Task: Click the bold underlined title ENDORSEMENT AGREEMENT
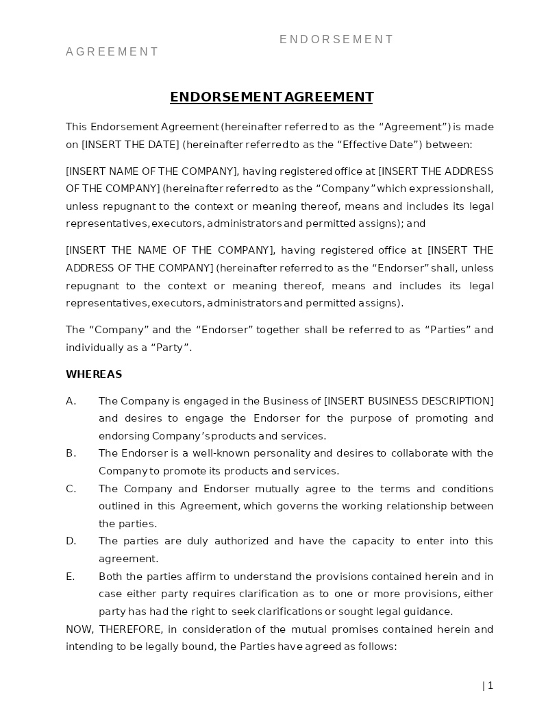pyautogui.click(x=271, y=97)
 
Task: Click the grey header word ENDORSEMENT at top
pyautogui.click(x=336, y=40)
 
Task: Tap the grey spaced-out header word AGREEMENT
pyautogui.click(x=112, y=52)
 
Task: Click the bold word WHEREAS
pyautogui.click(x=94, y=374)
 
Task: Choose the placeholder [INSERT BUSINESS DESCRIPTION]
pyautogui.click(x=408, y=401)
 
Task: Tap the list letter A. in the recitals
pyautogui.click(x=71, y=401)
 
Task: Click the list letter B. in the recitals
pyautogui.click(x=71, y=453)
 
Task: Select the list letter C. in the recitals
pyautogui.click(x=71, y=489)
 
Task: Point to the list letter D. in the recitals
pyautogui.click(x=71, y=541)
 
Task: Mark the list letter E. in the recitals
pyautogui.click(x=71, y=577)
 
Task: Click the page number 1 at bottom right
pyautogui.click(x=490, y=686)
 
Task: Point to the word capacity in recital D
pyautogui.click(x=373, y=541)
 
